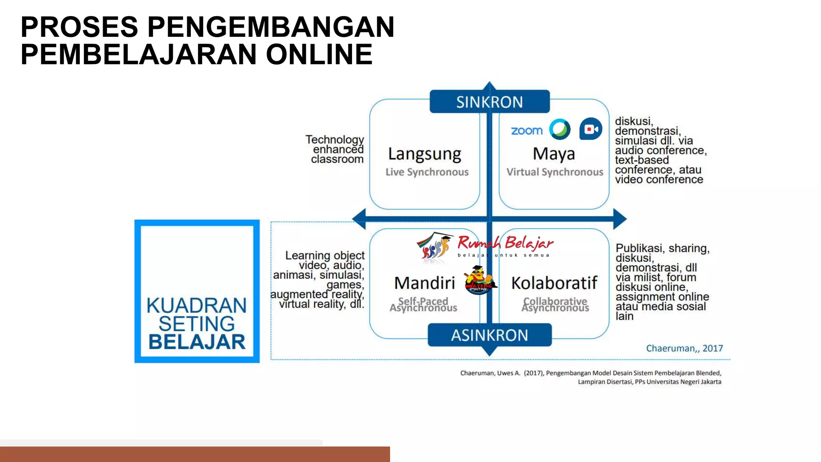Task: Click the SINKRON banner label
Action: [489, 102]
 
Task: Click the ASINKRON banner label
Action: [489, 335]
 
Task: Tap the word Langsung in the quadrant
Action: [425, 154]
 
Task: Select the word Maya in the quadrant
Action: [554, 154]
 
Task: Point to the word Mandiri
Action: [425, 283]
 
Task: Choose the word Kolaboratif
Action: [554, 283]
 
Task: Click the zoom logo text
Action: [526, 130]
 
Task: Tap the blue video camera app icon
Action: [590, 129]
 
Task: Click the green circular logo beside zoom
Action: [560, 129]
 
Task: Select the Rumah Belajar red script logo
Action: [505, 243]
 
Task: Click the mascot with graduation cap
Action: [479, 280]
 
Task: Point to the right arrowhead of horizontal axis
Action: [620, 219]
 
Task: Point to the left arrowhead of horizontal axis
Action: [359, 219]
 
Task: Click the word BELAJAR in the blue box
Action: [197, 342]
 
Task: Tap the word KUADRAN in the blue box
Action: [196, 306]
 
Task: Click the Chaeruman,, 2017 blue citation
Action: [684, 348]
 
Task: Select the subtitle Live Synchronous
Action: [427, 172]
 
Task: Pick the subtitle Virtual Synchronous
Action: [554, 172]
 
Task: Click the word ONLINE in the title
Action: [319, 54]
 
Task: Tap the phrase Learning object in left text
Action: [325, 255]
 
